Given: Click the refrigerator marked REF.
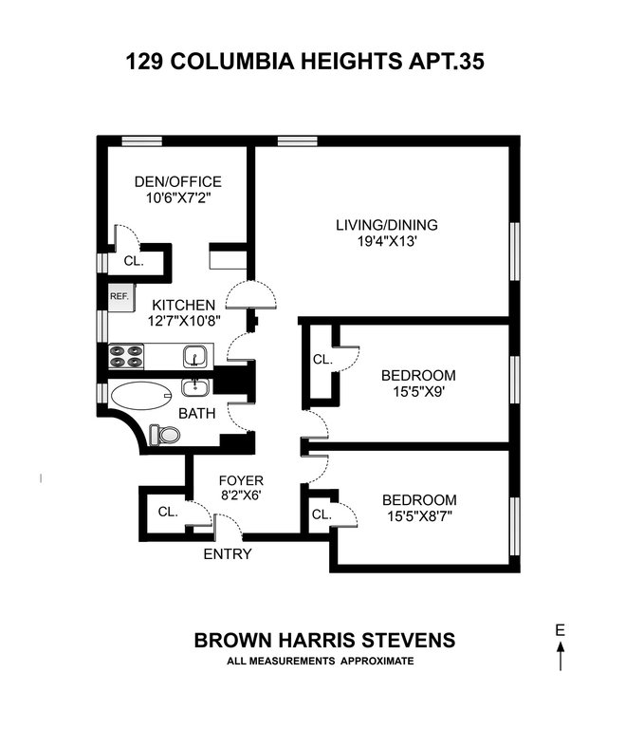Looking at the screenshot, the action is pyautogui.click(x=121, y=297).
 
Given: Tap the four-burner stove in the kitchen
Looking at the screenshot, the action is pyautogui.click(x=126, y=356).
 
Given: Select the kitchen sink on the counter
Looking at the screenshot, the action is pyautogui.click(x=194, y=356).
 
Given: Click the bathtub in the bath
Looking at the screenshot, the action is pyautogui.click(x=140, y=396).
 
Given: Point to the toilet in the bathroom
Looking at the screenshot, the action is pyautogui.click(x=164, y=435).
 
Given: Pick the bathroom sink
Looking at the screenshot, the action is pyautogui.click(x=195, y=387).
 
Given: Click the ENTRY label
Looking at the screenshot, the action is pyautogui.click(x=228, y=553).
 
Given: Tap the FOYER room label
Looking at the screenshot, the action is pyautogui.click(x=241, y=480).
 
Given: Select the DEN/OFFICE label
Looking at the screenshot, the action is pyautogui.click(x=178, y=181).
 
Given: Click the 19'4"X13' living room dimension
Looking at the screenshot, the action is pyautogui.click(x=387, y=241).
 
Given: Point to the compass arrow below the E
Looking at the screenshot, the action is pyautogui.click(x=561, y=656).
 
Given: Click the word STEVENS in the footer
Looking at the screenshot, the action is pyautogui.click(x=409, y=640).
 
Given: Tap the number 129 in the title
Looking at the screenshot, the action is pyautogui.click(x=144, y=62).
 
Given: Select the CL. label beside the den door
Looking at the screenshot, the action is pyautogui.click(x=134, y=261).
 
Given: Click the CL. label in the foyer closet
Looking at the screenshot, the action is pyautogui.click(x=168, y=512).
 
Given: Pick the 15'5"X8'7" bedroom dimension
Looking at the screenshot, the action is pyautogui.click(x=419, y=516).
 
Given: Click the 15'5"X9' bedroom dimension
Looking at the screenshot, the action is pyautogui.click(x=419, y=391).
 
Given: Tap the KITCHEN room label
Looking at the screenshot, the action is pyautogui.click(x=184, y=305).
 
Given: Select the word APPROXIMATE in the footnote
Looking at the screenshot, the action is pyautogui.click(x=377, y=661).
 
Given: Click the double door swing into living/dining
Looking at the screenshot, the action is pyautogui.click(x=251, y=295).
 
